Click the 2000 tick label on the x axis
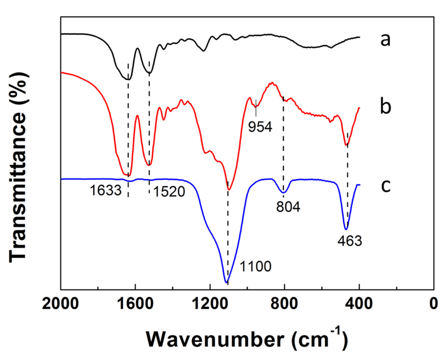coord(60,304)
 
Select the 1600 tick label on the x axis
coord(135,304)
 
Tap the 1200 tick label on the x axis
coord(210,304)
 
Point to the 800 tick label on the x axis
coord(284,304)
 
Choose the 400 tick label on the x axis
coord(359,304)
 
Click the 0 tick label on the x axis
coord(433,304)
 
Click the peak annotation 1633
coord(105,191)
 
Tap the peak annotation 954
coord(260,127)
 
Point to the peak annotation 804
coord(288,207)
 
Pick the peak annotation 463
coord(350,241)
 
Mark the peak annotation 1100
coord(255,266)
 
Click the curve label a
coord(385,40)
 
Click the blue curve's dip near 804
coord(283,192)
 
